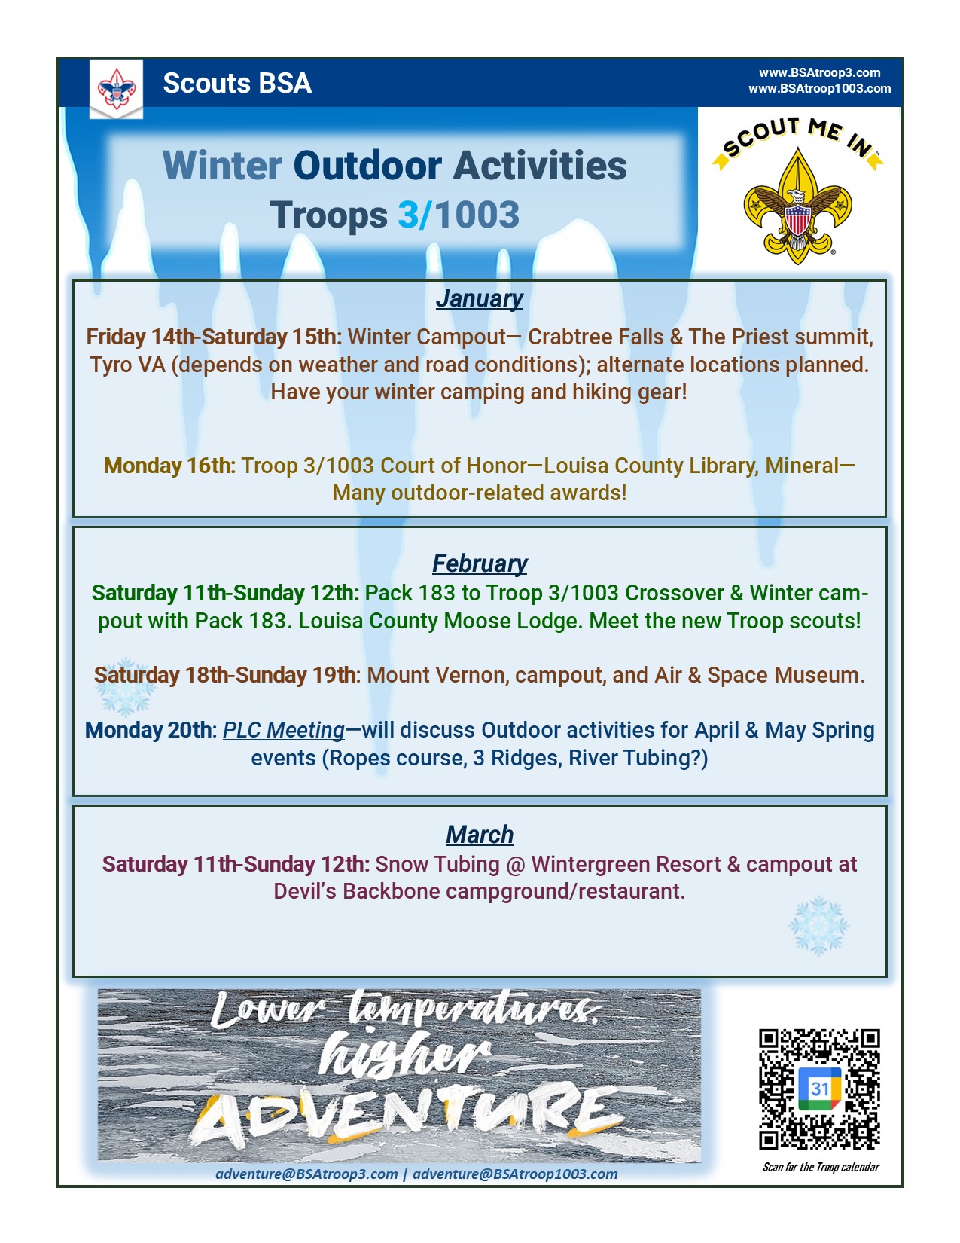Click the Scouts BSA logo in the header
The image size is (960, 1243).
point(116,89)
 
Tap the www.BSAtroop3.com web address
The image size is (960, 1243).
point(819,72)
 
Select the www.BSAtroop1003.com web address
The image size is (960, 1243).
point(819,88)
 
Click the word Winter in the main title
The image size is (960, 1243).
point(222,165)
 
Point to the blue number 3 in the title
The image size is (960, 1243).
point(409,215)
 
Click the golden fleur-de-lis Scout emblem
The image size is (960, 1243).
point(797,206)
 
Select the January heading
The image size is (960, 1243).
point(479,298)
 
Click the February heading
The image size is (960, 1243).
point(479,563)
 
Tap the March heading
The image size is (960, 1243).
point(479,835)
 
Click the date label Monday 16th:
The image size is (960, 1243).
point(169,466)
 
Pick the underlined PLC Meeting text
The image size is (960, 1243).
point(284,731)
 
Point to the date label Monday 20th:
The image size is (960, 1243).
point(151,731)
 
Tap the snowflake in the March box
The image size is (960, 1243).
point(818,926)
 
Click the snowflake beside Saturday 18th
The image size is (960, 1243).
point(125,688)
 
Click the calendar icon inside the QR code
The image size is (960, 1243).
point(819,1088)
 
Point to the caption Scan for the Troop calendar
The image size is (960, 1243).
point(821,1167)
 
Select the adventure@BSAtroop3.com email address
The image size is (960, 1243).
point(306,1174)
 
